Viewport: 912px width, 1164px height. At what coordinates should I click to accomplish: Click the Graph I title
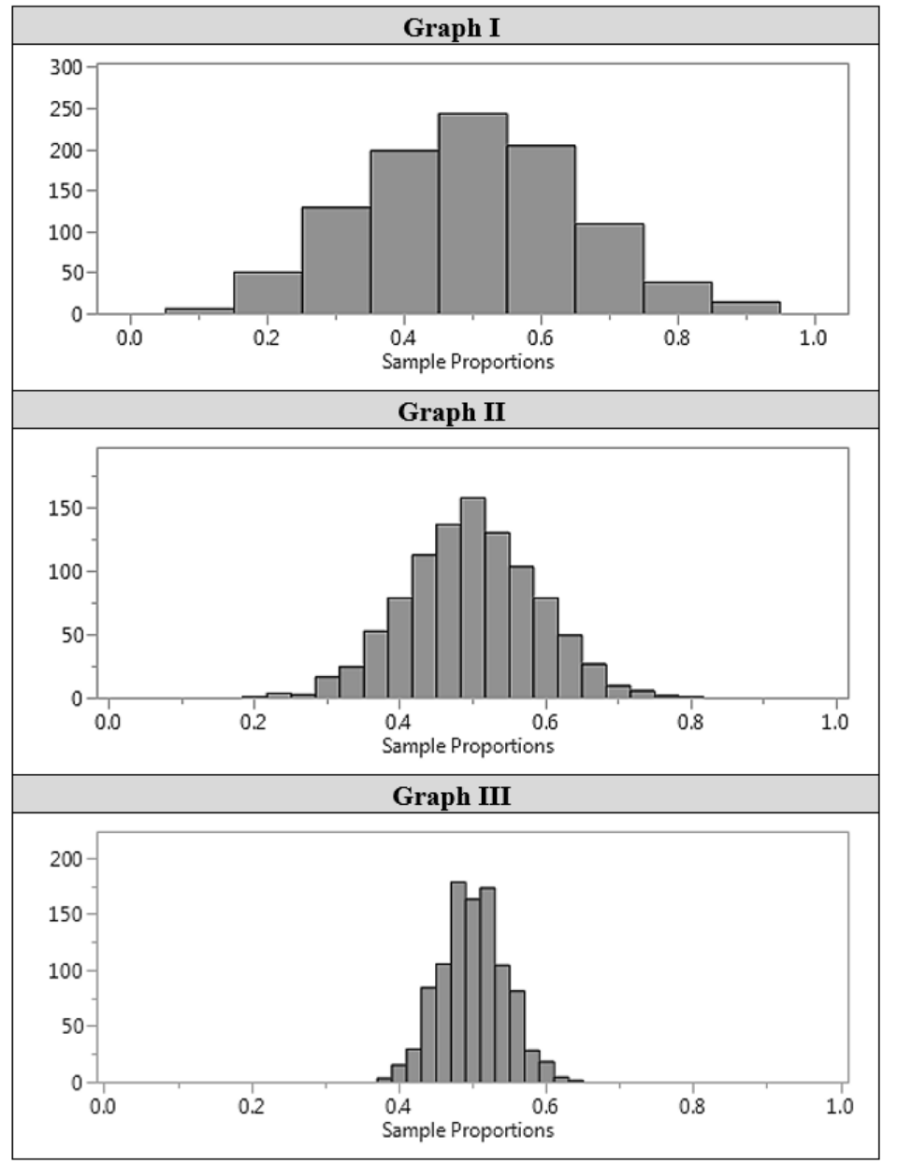pyautogui.click(x=451, y=27)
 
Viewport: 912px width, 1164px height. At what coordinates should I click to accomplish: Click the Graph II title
pyautogui.click(x=451, y=411)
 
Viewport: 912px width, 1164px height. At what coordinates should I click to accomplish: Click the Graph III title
pyautogui.click(x=451, y=796)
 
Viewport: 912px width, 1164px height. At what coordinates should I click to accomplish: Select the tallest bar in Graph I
pyautogui.click(x=472, y=215)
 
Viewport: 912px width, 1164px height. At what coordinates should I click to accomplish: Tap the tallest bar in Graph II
pyautogui.click(x=472, y=598)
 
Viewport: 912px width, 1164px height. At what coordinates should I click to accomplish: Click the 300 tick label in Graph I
pyautogui.click(x=65, y=67)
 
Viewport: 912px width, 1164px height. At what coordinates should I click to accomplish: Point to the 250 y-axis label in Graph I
pyautogui.click(x=65, y=108)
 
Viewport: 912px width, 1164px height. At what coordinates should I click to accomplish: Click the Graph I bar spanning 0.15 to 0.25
pyautogui.click(x=268, y=294)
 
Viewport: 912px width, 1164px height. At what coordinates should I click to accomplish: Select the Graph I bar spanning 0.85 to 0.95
pyautogui.click(x=746, y=308)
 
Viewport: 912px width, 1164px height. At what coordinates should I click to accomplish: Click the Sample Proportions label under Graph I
pyautogui.click(x=467, y=362)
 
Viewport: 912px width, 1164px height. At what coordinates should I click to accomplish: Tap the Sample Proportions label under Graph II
pyautogui.click(x=467, y=746)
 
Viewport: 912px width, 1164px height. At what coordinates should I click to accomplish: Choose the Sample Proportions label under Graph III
pyautogui.click(x=467, y=1130)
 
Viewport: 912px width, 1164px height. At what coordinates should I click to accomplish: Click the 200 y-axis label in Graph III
pyautogui.click(x=65, y=858)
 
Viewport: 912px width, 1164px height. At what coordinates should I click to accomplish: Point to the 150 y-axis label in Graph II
pyautogui.click(x=65, y=508)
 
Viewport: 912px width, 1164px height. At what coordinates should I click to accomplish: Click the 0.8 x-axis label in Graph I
pyautogui.click(x=676, y=338)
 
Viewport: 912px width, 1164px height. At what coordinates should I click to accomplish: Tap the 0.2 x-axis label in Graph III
pyautogui.click(x=251, y=1106)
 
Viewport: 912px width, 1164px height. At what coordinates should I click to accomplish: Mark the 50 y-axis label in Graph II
pyautogui.click(x=70, y=635)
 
